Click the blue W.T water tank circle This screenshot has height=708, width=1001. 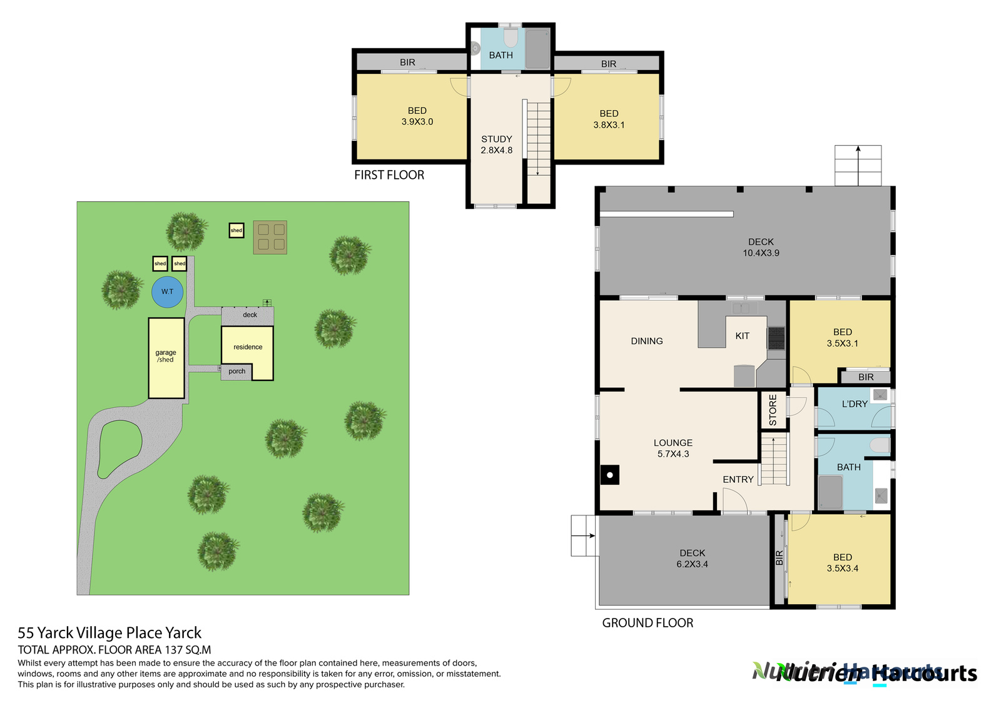point(168,292)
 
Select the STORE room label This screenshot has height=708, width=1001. point(773,410)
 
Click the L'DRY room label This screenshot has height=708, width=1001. point(855,404)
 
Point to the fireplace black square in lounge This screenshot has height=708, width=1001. point(610,475)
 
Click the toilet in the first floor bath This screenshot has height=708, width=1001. point(511,38)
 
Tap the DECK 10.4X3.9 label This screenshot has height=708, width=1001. point(761,247)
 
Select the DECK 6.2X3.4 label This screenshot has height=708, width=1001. point(692,559)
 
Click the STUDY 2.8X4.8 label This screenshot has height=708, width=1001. point(497,144)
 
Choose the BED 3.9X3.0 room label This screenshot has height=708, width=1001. point(417,116)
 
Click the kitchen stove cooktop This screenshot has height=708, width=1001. point(776,338)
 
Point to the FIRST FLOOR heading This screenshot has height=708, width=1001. point(389,175)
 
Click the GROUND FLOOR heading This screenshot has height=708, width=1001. point(648,623)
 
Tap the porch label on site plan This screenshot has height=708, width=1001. point(237,372)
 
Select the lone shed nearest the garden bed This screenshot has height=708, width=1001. point(236,231)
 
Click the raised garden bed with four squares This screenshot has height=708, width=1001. point(270,237)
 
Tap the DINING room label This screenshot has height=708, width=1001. point(647,341)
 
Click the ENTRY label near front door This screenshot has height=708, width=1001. point(738,480)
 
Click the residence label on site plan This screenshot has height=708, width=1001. point(248,347)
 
